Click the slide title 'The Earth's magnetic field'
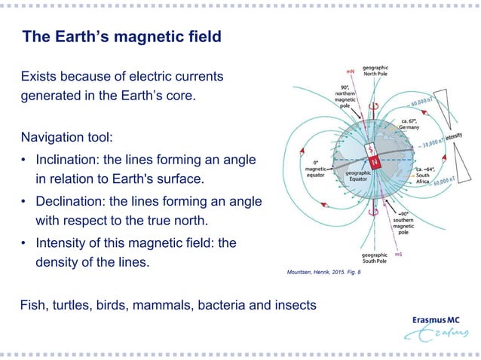121,37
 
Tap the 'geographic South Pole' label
375,260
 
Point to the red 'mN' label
351,72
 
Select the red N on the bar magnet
372,163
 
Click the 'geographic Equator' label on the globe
361,176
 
